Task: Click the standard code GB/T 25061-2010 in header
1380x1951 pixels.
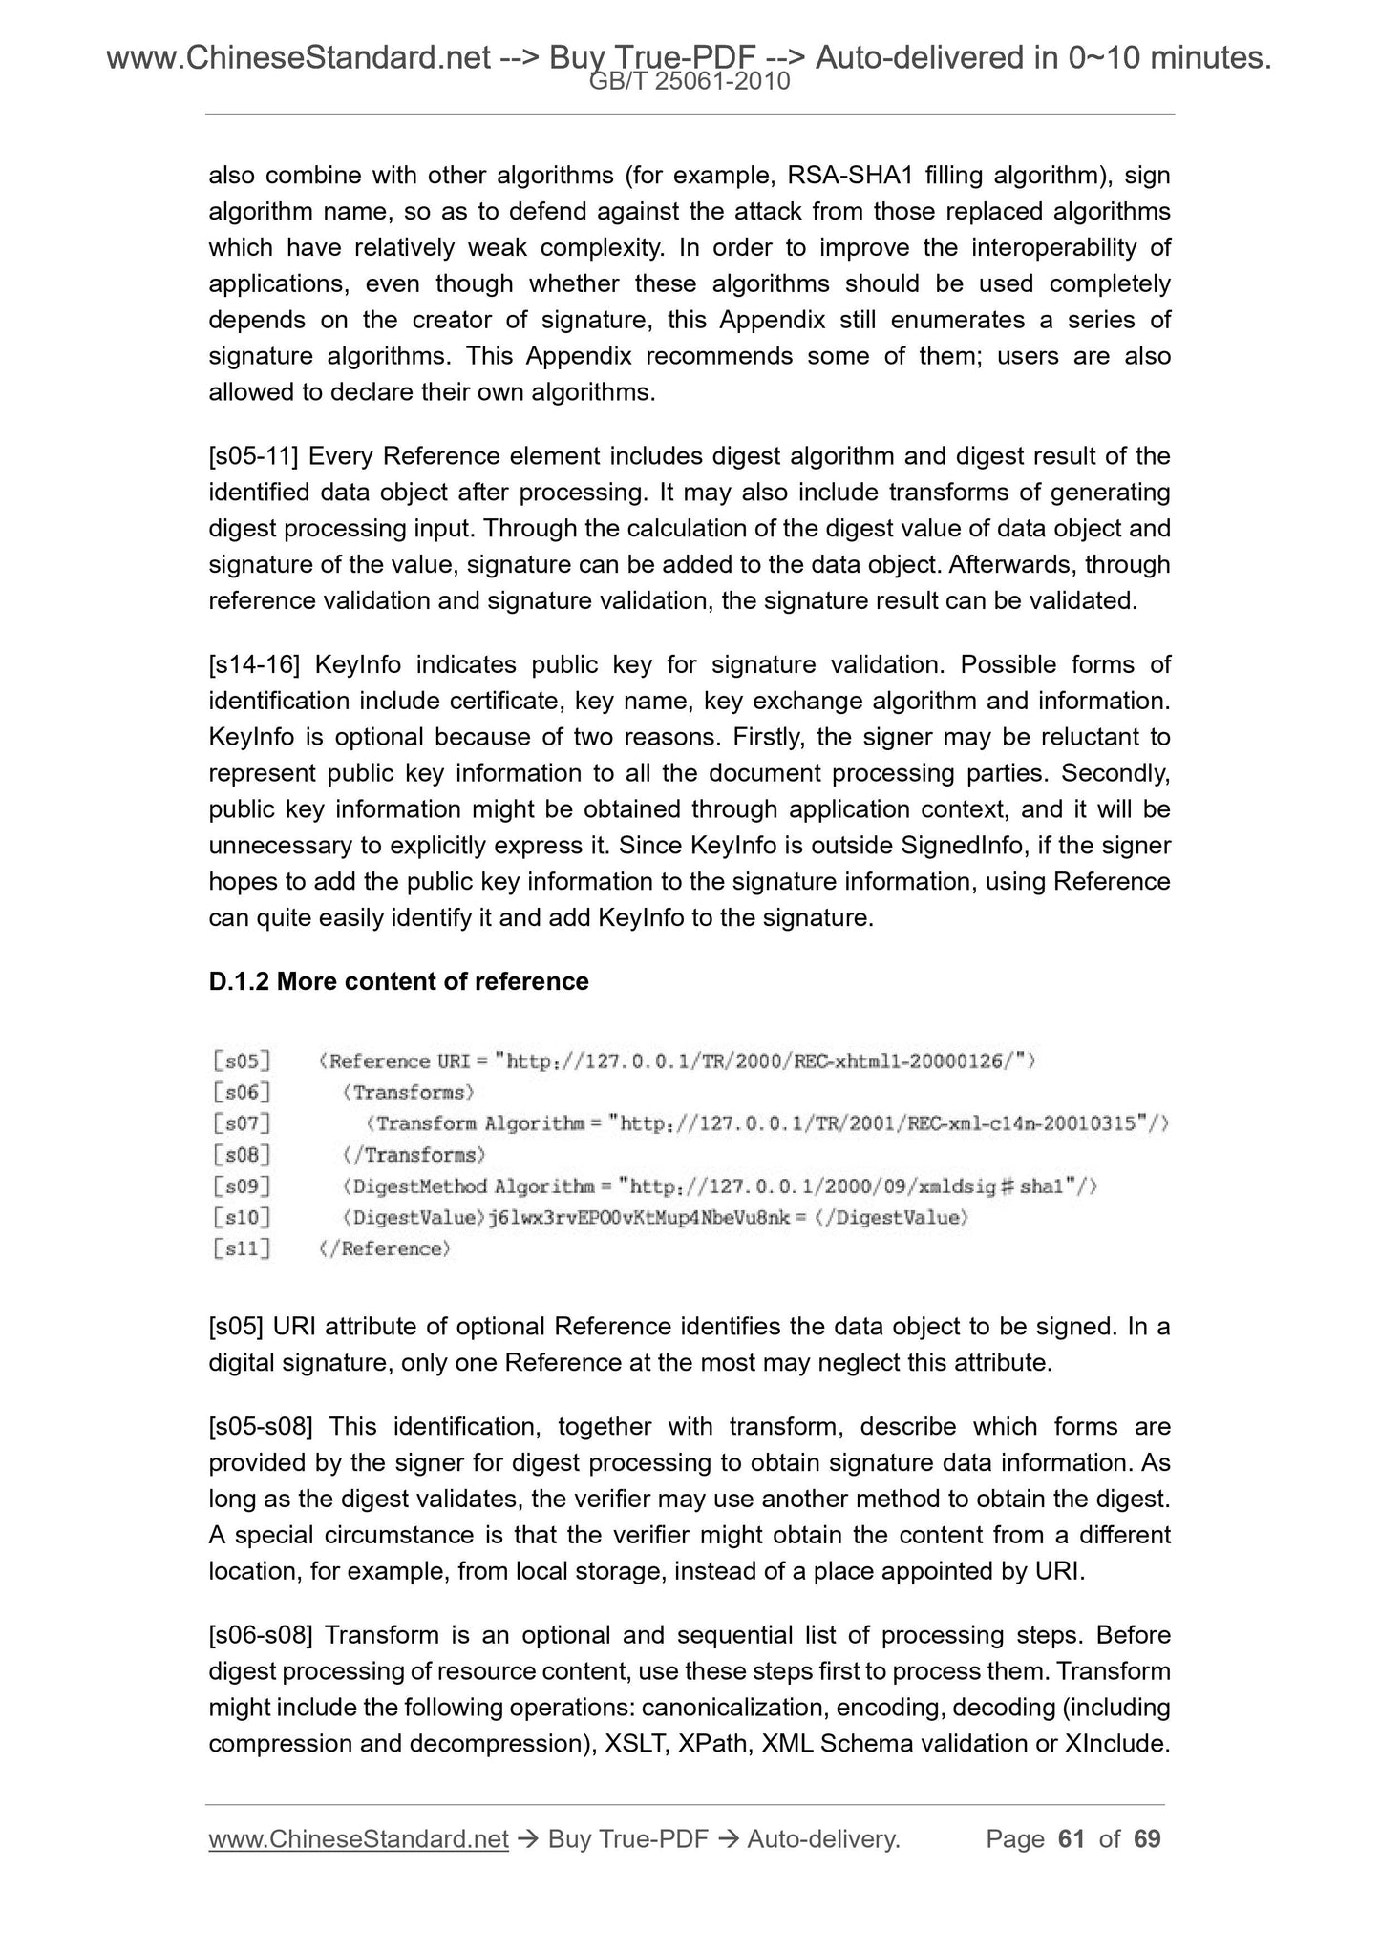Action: pyautogui.click(x=690, y=82)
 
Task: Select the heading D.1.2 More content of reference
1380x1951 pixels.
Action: pyautogui.click(x=398, y=981)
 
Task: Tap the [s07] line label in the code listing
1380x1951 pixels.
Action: pyautogui.click(x=242, y=1123)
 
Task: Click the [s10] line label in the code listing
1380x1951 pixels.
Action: pyautogui.click(x=242, y=1217)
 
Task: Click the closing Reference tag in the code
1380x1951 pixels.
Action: pyautogui.click(x=385, y=1248)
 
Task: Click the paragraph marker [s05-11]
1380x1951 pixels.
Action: pyautogui.click(x=254, y=456)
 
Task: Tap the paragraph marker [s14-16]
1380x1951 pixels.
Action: pyautogui.click(x=254, y=664)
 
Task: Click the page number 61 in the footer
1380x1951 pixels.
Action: pyautogui.click(x=1072, y=1839)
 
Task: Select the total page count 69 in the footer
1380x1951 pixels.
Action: pyautogui.click(x=1146, y=1839)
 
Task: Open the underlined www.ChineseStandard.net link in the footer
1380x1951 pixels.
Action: pyautogui.click(x=358, y=1839)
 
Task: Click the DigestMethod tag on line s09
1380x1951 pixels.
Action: pyautogui.click(x=415, y=1186)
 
